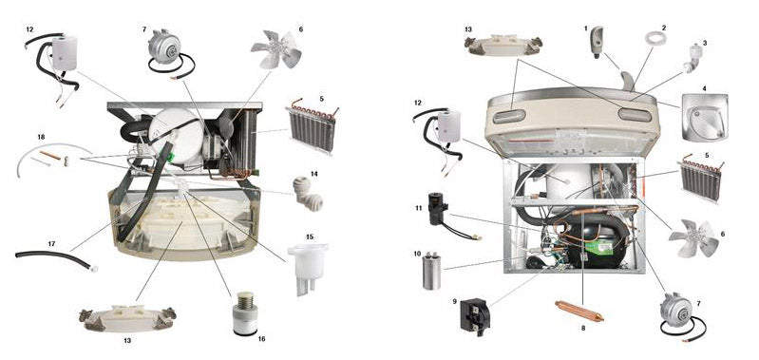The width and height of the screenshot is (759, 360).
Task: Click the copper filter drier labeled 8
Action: click(x=579, y=311)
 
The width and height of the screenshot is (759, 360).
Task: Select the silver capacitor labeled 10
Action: click(x=431, y=272)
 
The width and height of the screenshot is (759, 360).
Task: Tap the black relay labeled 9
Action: click(x=475, y=314)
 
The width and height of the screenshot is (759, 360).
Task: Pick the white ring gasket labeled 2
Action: click(x=655, y=38)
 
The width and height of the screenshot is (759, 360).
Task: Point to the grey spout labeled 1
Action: click(x=597, y=42)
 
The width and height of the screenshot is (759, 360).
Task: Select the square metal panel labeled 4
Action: click(x=705, y=118)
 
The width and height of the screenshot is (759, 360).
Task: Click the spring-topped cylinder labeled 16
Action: click(x=245, y=313)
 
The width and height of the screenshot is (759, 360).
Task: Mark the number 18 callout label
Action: click(x=41, y=138)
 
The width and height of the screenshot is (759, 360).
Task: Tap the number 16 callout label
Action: click(x=261, y=339)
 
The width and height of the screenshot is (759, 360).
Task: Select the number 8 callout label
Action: click(x=583, y=328)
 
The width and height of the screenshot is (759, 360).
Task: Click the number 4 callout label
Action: click(x=704, y=88)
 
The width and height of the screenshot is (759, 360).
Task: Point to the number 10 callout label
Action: click(x=417, y=254)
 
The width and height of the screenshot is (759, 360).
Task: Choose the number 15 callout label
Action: click(x=310, y=237)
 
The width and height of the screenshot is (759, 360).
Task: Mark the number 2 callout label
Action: click(x=664, y=28)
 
